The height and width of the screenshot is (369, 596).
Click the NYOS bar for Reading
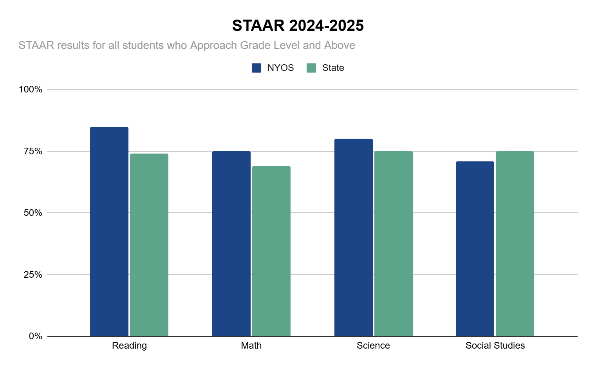[109, 232]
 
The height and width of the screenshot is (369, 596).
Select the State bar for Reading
[149, 245]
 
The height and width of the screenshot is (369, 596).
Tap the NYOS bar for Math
[231, 244]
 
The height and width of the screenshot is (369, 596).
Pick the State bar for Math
[271, 251]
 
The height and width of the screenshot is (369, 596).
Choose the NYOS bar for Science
[354, 237]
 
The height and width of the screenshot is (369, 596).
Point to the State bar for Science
[394, 244]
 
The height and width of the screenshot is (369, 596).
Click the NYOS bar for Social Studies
[475, 249]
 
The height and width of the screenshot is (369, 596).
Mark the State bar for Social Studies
[515, 244]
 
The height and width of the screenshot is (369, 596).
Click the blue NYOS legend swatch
[256, 68]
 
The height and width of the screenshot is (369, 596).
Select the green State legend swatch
[311, 68]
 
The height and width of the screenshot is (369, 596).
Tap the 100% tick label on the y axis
[31, 89]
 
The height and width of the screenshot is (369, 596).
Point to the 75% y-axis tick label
[33, 151]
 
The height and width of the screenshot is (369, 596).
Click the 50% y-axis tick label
[33, 213]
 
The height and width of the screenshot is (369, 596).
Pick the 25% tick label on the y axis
[33, 275]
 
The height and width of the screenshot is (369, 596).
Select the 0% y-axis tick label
[35, 336]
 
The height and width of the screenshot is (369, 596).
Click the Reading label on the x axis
[129, 345]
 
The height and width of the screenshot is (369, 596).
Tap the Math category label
[251, 345]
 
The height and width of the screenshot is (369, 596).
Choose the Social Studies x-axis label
[495, 345]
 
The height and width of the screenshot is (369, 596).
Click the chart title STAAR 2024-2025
[298, 26]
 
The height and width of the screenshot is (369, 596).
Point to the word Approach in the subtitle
[213, 45]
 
